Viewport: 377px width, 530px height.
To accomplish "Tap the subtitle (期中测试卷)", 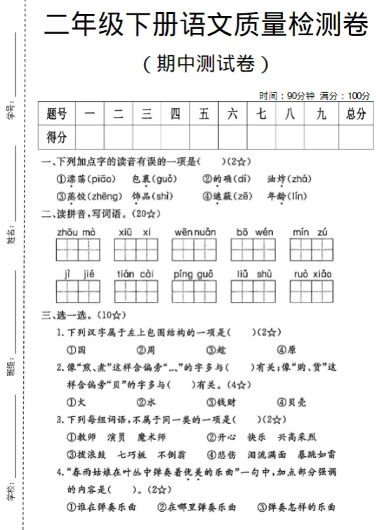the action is coord(205,64).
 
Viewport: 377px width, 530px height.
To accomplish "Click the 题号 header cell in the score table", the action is coord(57,114).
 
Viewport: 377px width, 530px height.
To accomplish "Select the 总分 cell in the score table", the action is coord(355,114).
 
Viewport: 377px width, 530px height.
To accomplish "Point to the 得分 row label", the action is coord(57,136).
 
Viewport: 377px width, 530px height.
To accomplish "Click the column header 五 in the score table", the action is coord(204,114).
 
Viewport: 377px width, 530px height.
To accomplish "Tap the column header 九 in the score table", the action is coord(321,114).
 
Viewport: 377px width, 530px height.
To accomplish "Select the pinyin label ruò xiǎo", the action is coord(313,274).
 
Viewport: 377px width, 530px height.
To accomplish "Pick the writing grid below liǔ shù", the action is coord(255,291).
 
